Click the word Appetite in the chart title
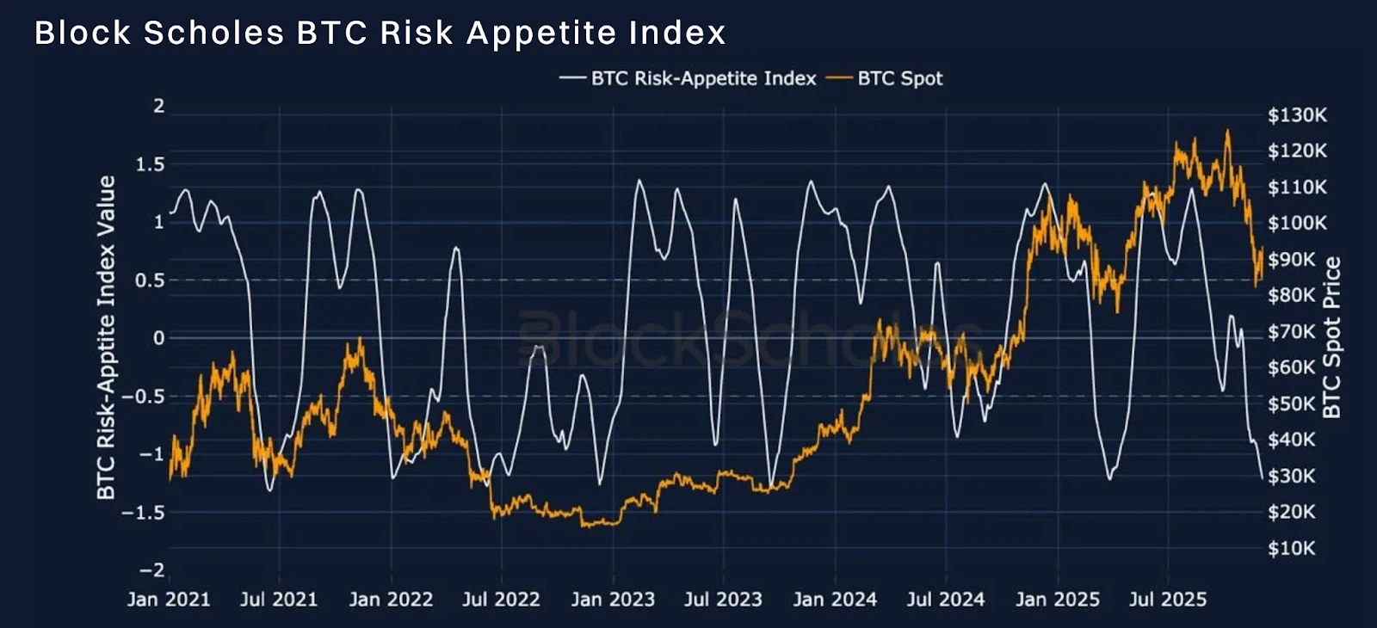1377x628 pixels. click(x=541, y=34)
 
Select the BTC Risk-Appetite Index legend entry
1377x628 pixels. click(x=688, y=78)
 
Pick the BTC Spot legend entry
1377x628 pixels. click(x=884, y=78)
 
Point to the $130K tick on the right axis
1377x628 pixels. click(x=1297, y=114)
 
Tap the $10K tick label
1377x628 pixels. click(x=1292, y=548)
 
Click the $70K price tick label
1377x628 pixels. click(x=1292, y=332)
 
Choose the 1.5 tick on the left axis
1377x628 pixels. click(x=150, y=164)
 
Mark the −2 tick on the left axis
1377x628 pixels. click(x=152, y=570)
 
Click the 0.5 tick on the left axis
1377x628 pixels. click(x=150, y=280)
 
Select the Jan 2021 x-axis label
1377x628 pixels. click(x=169, y=599)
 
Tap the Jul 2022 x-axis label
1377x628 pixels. click(x=501, y=599)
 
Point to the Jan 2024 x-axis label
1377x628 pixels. click(x=835, y=599)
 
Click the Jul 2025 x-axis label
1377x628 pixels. click(x=1168, y=599)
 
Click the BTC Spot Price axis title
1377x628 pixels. click(x=1331, y=337)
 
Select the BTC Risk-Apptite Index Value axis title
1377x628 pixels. click(x=107, y=337)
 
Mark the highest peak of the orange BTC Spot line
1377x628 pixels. click(x=1227, y=130)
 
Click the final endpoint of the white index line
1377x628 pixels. click(x=1262, y=478)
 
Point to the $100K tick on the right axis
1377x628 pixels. click(x=1297, y=223)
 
